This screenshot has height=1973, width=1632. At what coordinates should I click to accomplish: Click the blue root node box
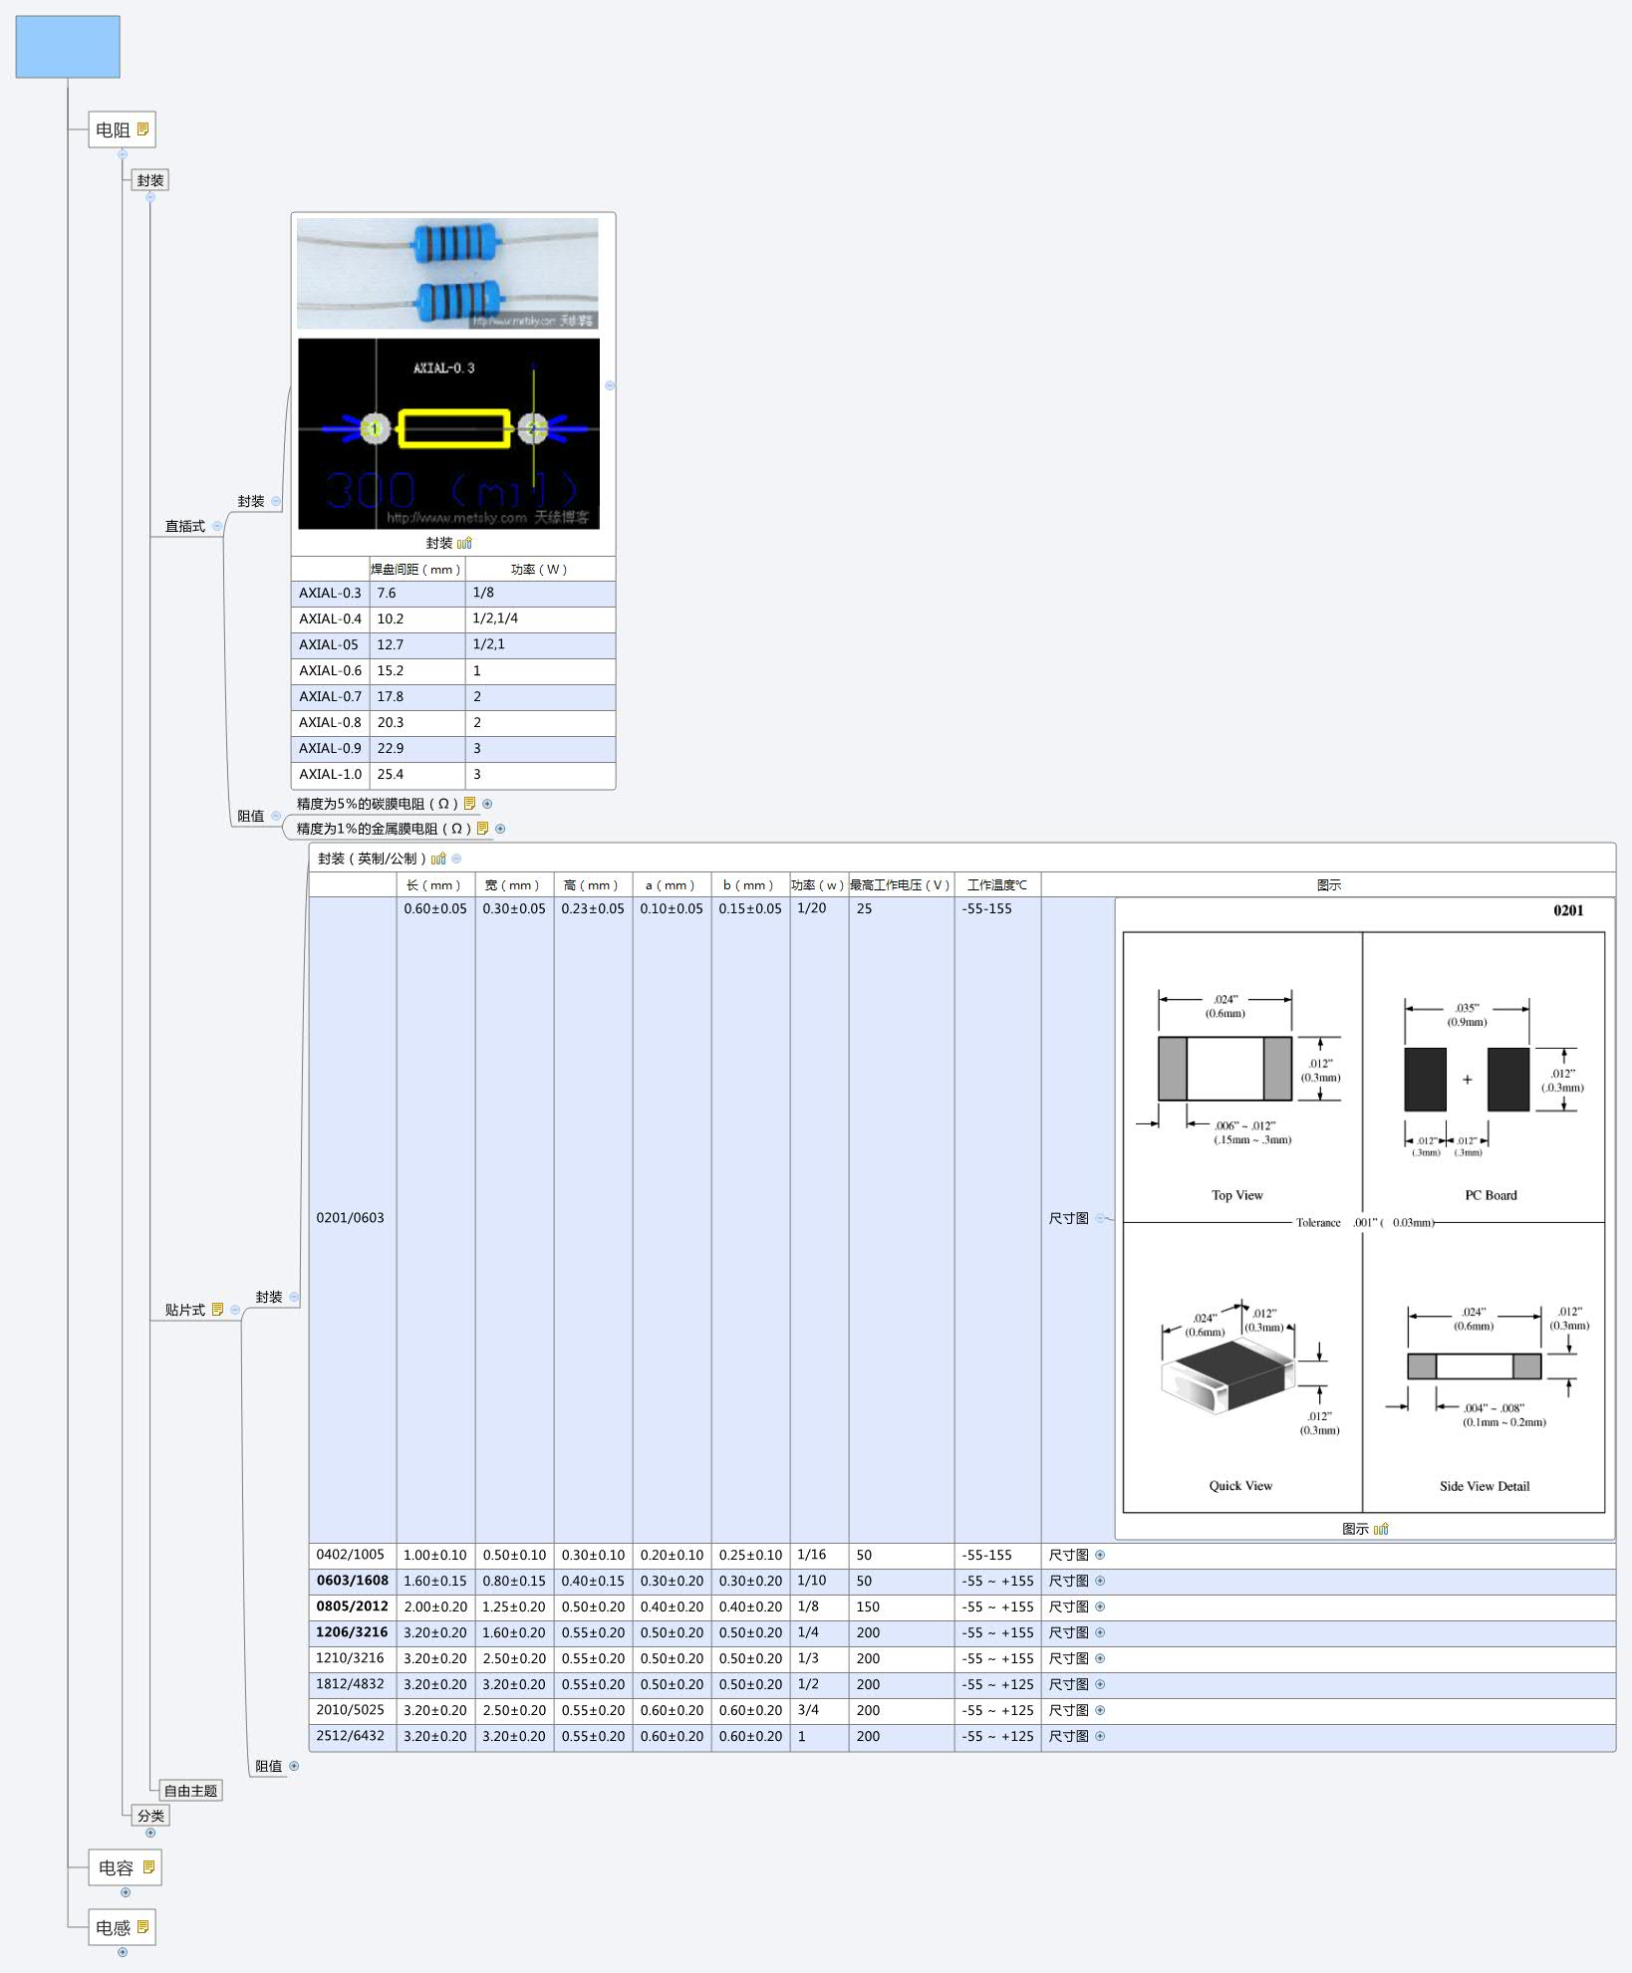tap(68, 47)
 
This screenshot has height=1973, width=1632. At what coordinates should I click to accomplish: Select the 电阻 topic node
tap(114, 129)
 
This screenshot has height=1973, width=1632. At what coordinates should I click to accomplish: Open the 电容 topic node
tap(117, 1867)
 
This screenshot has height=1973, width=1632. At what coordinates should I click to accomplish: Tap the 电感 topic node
tap(114, 1927)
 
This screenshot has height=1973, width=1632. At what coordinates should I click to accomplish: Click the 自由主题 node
tap(190, 1791)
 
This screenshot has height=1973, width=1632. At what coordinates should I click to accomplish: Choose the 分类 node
tap(150, 1816)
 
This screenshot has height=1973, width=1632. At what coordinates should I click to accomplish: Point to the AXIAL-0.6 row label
tap(330, 671)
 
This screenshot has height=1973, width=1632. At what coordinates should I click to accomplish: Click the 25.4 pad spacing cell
tap(391, 775)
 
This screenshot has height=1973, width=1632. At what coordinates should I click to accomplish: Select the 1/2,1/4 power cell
tap(495, 618)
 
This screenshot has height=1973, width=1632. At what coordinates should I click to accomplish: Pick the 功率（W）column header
tap(539, 570)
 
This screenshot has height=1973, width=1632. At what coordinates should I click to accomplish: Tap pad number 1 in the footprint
tap(375, 428)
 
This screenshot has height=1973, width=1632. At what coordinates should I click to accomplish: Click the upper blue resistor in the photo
tap(455, 243)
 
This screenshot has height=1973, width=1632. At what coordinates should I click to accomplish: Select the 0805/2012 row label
tap(352, 1606)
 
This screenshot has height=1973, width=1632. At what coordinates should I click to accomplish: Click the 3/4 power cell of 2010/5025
tap(808, 1710)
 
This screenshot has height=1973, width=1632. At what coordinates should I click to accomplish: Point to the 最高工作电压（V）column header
tap(900, 885)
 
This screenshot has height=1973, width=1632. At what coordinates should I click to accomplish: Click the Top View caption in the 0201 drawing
tap(1236, 1195)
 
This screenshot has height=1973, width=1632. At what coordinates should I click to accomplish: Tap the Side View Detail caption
tap(1484, 1486)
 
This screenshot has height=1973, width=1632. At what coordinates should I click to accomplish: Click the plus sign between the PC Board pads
tap(1467, 1080)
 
